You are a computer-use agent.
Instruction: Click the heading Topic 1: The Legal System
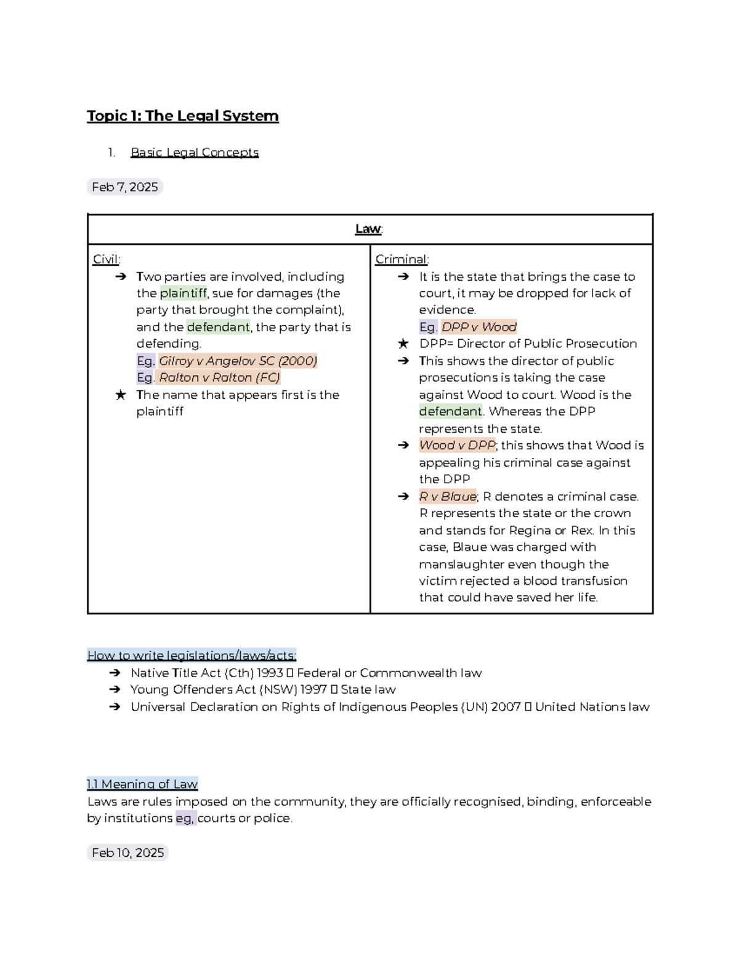[x=182, y=116]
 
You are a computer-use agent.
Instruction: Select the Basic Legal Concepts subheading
[x=195, y=152]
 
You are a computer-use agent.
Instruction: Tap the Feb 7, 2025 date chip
[x=124, y=187]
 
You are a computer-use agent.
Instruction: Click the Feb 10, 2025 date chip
[x=127, y=853]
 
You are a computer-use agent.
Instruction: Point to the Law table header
[x=369, y=229]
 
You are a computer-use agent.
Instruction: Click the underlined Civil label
[x=106, y=259]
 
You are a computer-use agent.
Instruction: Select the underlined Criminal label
[x=402, y=259]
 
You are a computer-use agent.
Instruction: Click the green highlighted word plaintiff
[x=183, y=294]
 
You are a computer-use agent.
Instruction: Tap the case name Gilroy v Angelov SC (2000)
[x=238, y=361]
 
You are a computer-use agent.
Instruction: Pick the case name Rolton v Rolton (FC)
[x=219, y=377]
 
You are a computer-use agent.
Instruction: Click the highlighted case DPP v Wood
[x=479, y=327]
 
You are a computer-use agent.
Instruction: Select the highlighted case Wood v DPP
[x=457, y=445]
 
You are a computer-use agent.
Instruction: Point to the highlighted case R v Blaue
[x=448, y=496]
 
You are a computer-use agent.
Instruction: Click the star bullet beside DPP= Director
[x=403, y=343]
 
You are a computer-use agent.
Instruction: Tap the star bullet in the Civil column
[x=121, y=395]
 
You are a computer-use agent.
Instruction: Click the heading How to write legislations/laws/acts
[x=192, y=655]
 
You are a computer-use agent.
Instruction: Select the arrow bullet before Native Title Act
[x=115, y=673]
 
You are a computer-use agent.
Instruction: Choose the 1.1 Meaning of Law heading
[x=142, y=784]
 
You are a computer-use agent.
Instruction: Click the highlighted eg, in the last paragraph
[x=185, y=818]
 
